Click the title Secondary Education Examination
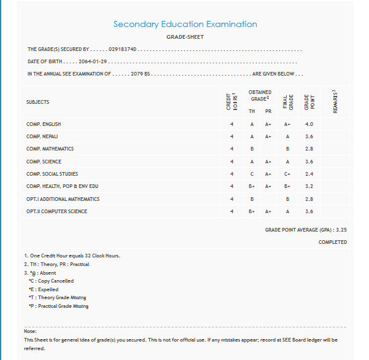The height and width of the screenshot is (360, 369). [185, 24]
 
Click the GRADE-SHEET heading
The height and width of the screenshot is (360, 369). [185, 37]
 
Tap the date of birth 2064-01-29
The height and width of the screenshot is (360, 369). [93, 62]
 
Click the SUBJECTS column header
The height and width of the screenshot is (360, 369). [37, 102]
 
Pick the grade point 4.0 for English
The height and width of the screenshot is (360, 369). [309, 124]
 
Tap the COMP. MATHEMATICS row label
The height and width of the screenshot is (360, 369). [50, 149]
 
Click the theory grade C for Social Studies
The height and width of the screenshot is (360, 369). [252, 174]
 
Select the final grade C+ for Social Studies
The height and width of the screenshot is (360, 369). [287, 174]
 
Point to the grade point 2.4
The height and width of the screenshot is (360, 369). [309, 174]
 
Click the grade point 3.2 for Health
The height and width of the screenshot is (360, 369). [309, 186]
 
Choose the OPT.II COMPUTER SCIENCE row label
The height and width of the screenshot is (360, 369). [56, 211]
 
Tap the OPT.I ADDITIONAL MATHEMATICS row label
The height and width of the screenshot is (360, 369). [63, 199]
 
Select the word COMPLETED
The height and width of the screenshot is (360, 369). [332, 242]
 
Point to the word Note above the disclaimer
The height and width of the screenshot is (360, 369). [30, 332]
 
